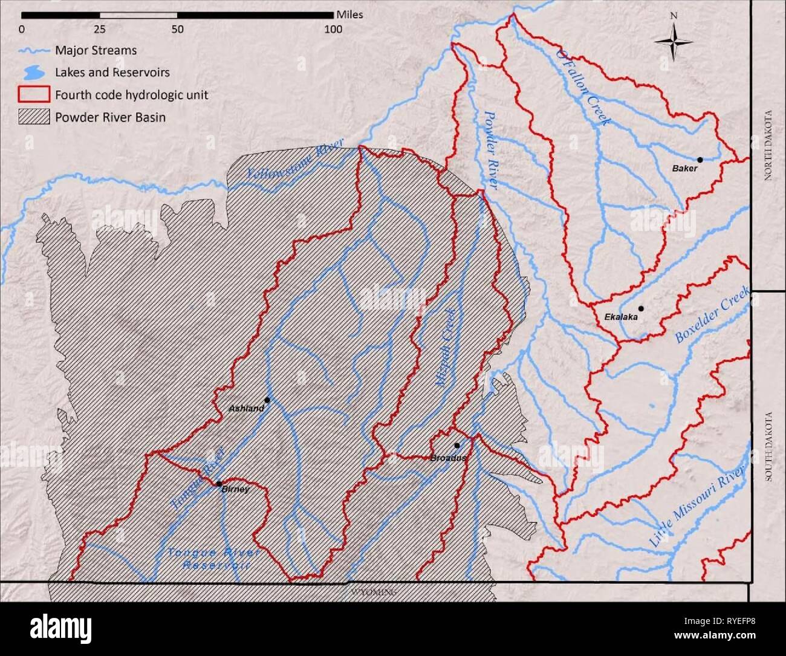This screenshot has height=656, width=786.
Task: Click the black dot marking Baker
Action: tap(700, 160)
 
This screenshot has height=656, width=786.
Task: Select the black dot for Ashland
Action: tap(267, 400)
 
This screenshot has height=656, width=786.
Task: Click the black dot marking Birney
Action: tap(218, 483)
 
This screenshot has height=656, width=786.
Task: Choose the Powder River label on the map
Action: tap(490, 149)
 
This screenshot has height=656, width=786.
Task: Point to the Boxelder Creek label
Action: tap(712, 316)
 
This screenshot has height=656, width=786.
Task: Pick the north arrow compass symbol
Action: tap(674, 41)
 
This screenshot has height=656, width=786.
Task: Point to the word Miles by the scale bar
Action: tap(349, 15)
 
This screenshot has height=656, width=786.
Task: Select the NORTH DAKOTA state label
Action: tap(768, 146)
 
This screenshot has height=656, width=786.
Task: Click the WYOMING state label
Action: tap(374, 593)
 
